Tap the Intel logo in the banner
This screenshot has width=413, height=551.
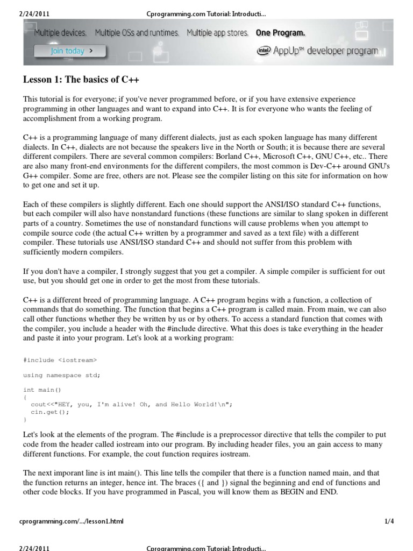tap(264, 50)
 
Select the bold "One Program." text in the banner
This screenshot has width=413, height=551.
tap(280, 33)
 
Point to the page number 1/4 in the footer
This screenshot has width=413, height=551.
tap(389, 521)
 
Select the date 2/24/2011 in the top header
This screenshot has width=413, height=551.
tap(33, 5)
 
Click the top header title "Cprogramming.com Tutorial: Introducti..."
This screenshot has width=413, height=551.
tap(206, 5)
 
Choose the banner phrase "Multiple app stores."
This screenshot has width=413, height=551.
tap(217, 33)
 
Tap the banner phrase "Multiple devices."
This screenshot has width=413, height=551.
tap(60, 33)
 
